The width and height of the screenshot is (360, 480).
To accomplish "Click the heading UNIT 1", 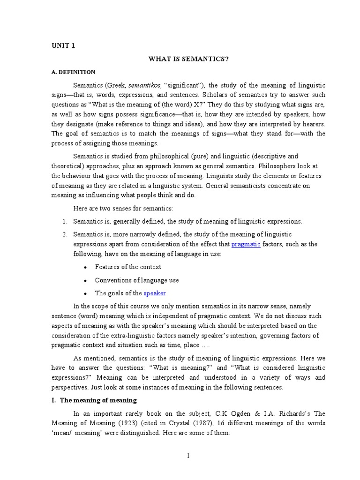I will pyautogui.click(x=63, y=45).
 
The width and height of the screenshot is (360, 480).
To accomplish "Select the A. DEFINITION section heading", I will pyautogui.click(x=73, y=72).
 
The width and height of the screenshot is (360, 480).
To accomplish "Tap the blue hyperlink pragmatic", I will pyautogui.click(x=246, y=244).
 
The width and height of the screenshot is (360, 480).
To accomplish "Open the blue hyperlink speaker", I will pyautogui.click(x=155, y=293).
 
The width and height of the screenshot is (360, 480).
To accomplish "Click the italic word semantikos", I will pyautogui.click(x=143, y=85).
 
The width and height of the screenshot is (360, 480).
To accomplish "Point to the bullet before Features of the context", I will pyautogui.click(x=85, y=267).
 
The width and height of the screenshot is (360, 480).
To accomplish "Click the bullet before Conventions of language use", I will pyautogui.click(x=85, y=280).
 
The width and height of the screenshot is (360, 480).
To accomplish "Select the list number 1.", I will pyautogui.click(x=65, y=221).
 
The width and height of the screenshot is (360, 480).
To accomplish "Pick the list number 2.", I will pyautogui.click(x=65, y=234).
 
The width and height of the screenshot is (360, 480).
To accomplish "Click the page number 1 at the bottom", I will pyautogui.click(x=187, y=456).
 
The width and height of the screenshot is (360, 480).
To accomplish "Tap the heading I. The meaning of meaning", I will pyautogui.click(x=94, y=400).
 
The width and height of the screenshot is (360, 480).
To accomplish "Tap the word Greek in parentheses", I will pyautogui.click(x=117, y=85).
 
